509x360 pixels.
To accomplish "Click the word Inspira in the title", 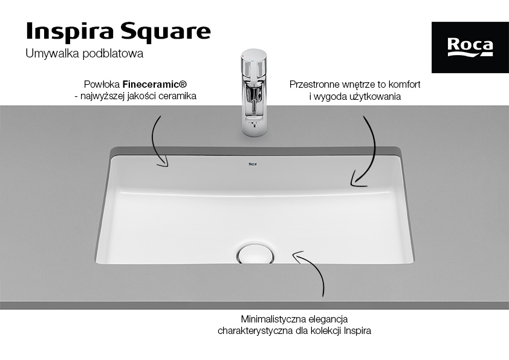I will [x=61, y=31].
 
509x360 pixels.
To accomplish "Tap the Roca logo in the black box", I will [x=470, y=47].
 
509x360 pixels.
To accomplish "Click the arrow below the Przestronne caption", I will [x=365, y=151].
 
